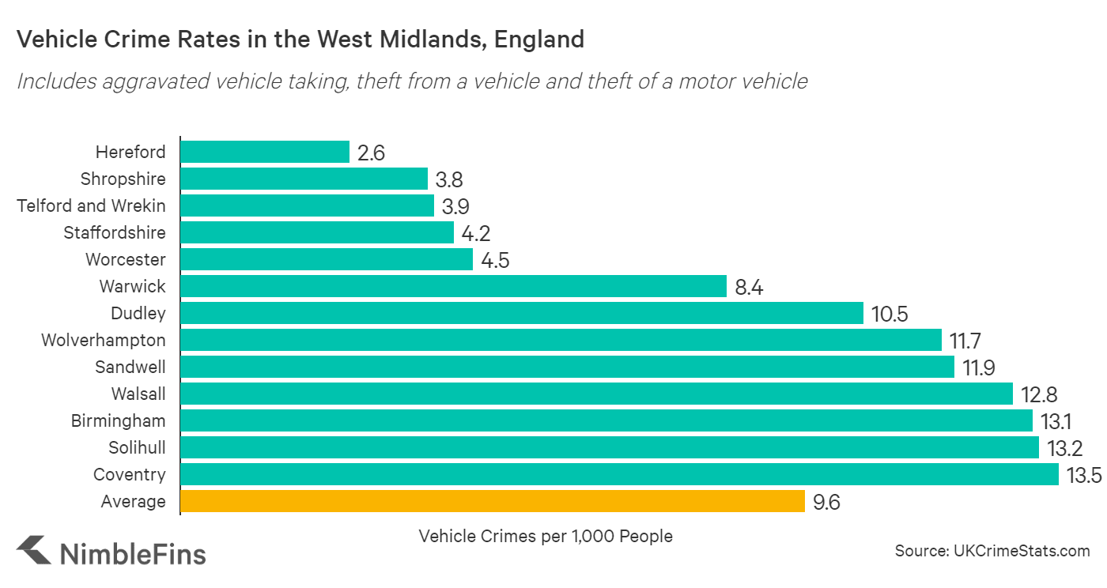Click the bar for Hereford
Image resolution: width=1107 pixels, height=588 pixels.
265,152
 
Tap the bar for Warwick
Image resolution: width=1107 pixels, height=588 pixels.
453,286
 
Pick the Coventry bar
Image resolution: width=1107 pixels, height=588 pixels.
619,474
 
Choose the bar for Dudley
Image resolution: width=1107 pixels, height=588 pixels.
522,313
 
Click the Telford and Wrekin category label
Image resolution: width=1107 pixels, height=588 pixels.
92,205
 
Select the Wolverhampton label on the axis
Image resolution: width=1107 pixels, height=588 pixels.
104,340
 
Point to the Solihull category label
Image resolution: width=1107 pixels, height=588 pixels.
137,447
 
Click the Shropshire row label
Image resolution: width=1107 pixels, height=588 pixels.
123,179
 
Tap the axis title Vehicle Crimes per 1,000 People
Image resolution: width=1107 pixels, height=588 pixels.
546,536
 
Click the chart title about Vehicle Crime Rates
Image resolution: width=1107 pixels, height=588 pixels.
300,40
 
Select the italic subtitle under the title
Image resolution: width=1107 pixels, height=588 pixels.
412,81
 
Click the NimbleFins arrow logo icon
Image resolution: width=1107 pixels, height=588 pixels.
32,550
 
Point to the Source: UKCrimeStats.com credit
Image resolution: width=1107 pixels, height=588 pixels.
992,551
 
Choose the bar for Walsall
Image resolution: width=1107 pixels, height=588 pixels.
596,394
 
